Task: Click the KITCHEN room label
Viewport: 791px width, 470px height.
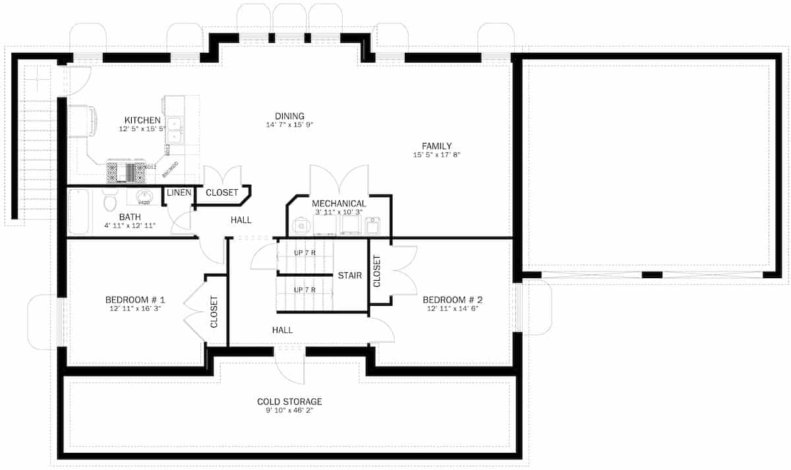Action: (x=142, y=120)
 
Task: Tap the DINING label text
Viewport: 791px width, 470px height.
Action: (x=289, y=116)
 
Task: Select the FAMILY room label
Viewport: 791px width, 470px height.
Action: (x=436, y=146)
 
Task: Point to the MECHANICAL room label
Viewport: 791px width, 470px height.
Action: (x=339, y=203)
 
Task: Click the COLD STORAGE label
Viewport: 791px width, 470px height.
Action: (x=289, y=401)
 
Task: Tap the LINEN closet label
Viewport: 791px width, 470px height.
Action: (x=179, y=193)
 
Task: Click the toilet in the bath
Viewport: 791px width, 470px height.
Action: (x=110, y=200)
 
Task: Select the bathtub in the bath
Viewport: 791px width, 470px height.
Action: (x=78, y=212)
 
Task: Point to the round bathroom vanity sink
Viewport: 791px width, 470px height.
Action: (x=144, y=196)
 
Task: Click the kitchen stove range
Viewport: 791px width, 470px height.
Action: (x=126, y=173)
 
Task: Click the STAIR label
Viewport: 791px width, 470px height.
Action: (x=349, y=275)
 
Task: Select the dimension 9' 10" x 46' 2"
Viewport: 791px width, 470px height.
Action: (x=289, y=411)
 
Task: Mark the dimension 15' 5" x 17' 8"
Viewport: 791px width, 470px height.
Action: (x=436, y=155)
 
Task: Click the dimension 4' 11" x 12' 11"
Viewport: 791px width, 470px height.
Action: (x=129, y=225)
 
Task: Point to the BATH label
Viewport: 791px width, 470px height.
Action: (x=130, y=216)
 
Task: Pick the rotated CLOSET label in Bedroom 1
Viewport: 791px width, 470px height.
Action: (x=214, y=312)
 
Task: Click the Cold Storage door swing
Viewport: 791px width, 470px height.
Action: (x=290, y=366)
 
